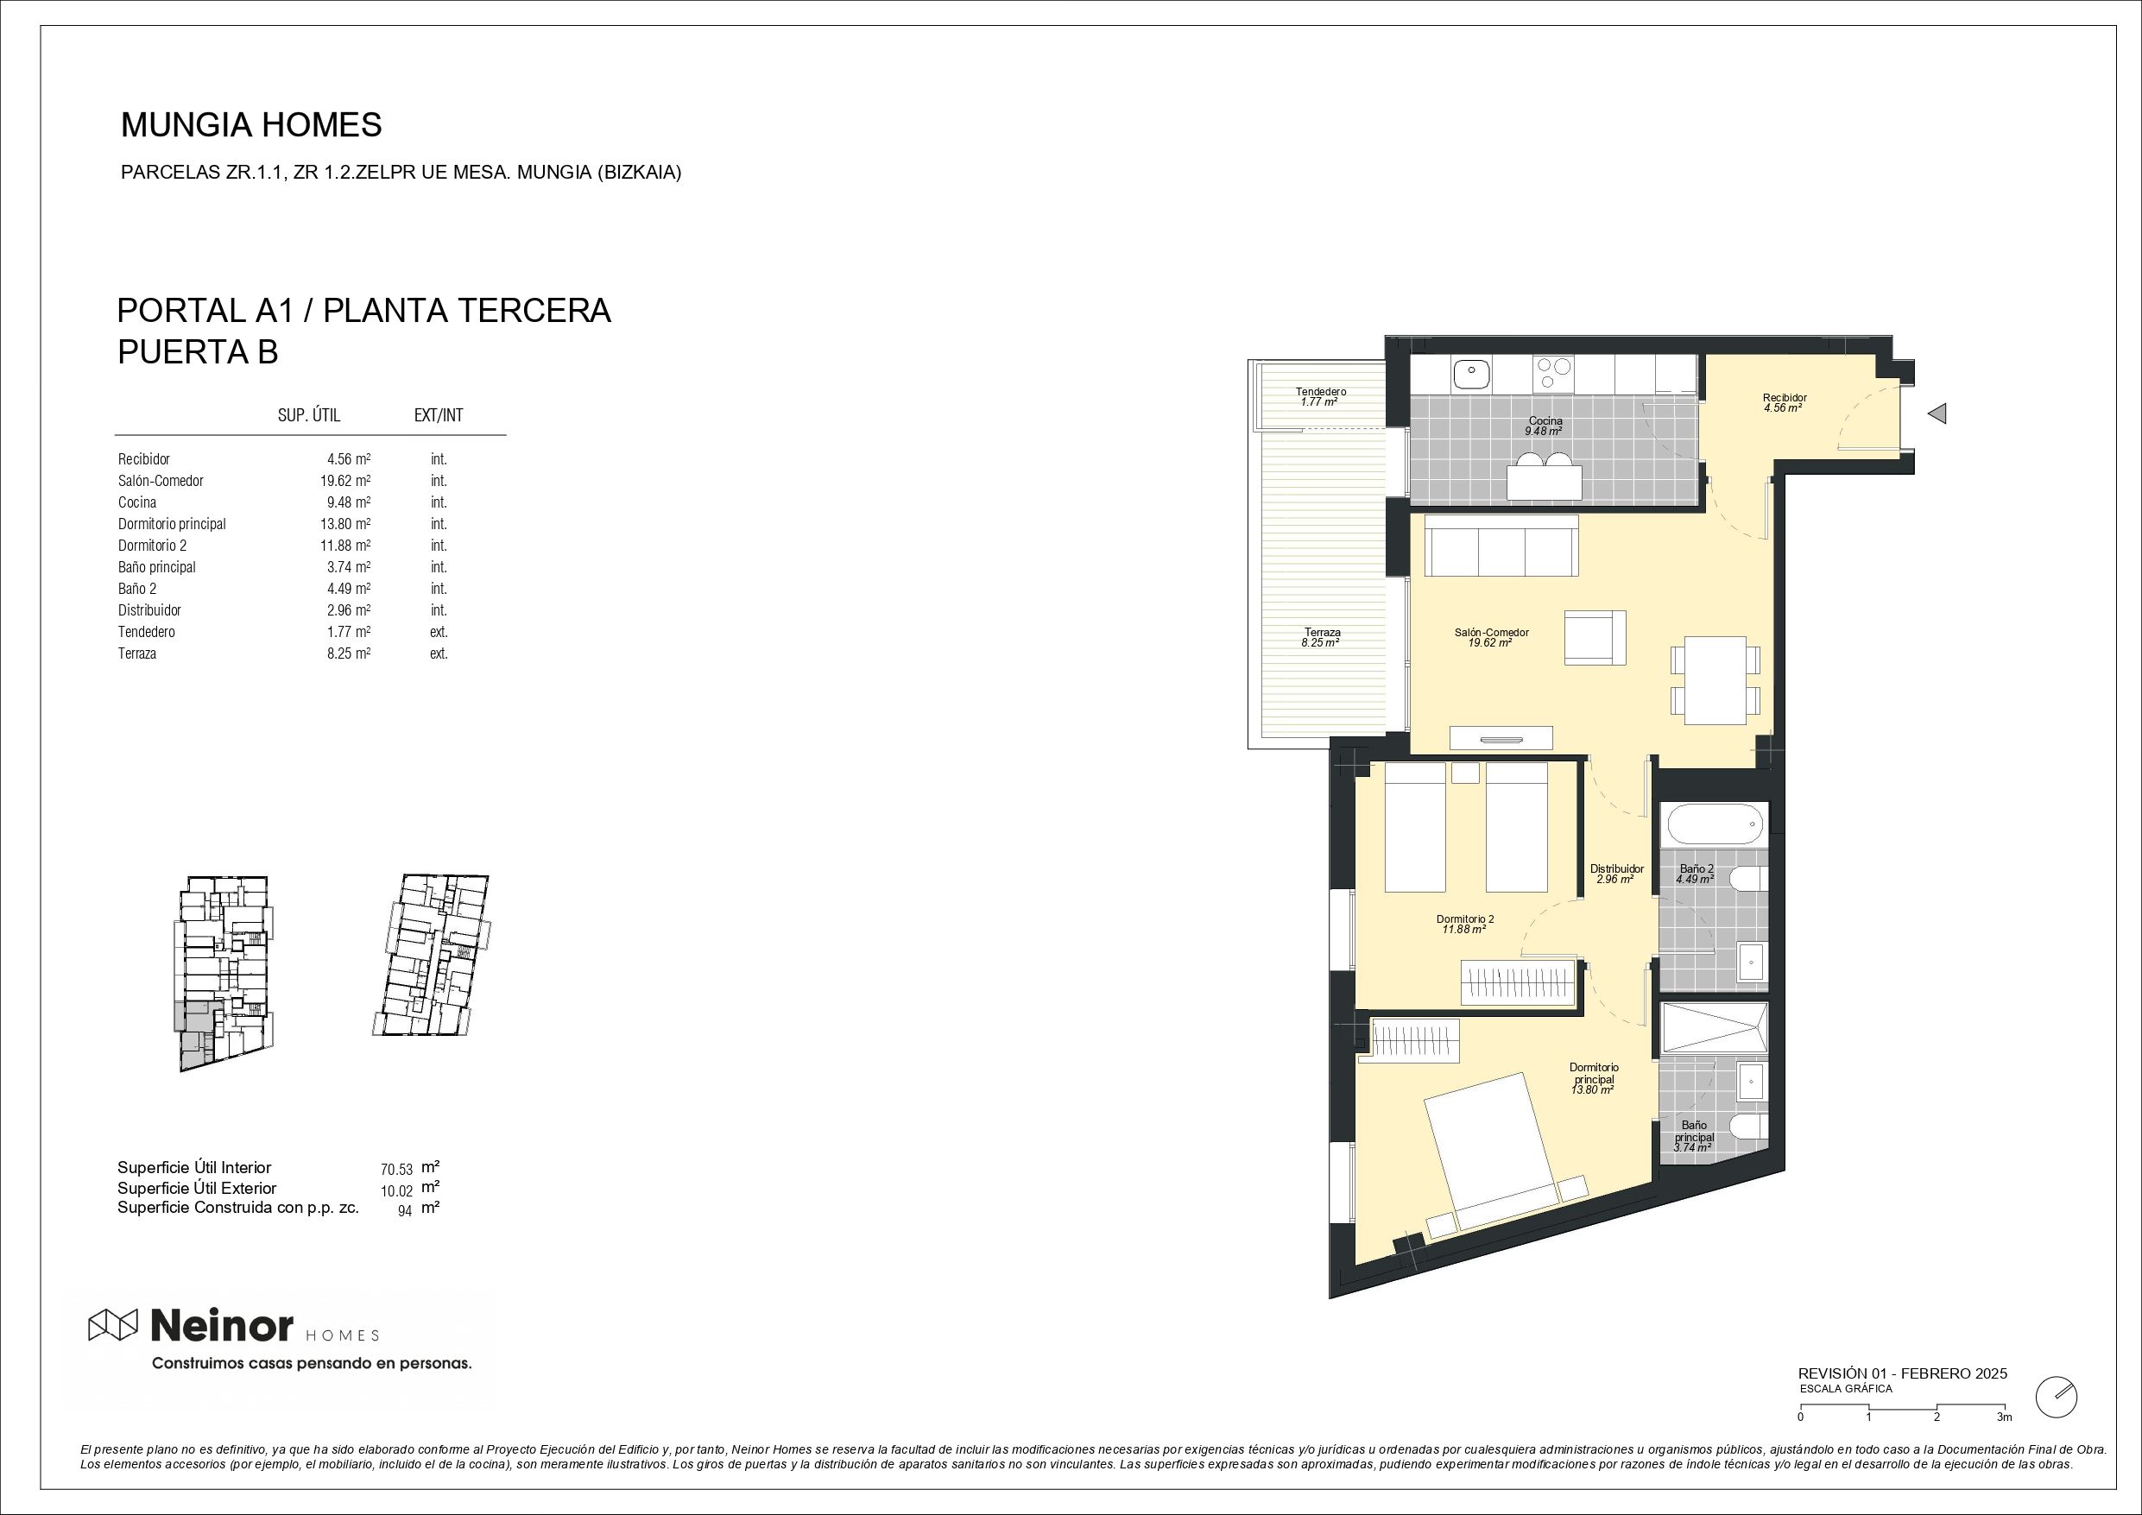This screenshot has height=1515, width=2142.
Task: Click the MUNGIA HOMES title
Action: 251,125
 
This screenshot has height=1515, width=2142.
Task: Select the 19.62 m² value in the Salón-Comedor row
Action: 344,482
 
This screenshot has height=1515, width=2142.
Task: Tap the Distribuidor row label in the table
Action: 149,610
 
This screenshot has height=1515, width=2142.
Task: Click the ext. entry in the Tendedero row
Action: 439,632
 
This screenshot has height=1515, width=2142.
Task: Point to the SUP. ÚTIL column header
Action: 309,416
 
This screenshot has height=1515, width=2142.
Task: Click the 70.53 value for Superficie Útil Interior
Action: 396,1169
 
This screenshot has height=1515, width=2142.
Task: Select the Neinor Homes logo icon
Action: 113,1325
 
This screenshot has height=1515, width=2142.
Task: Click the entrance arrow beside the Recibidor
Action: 1937,413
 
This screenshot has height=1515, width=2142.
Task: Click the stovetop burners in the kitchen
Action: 1553,373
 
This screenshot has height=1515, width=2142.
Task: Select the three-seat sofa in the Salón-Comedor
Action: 1502,546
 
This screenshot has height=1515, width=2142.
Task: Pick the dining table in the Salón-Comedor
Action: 1715,680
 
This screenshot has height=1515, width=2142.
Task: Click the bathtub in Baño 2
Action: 1715,824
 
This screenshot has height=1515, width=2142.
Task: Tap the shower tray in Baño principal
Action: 1715,1029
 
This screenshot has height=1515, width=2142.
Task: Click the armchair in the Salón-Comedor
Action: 1595,638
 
